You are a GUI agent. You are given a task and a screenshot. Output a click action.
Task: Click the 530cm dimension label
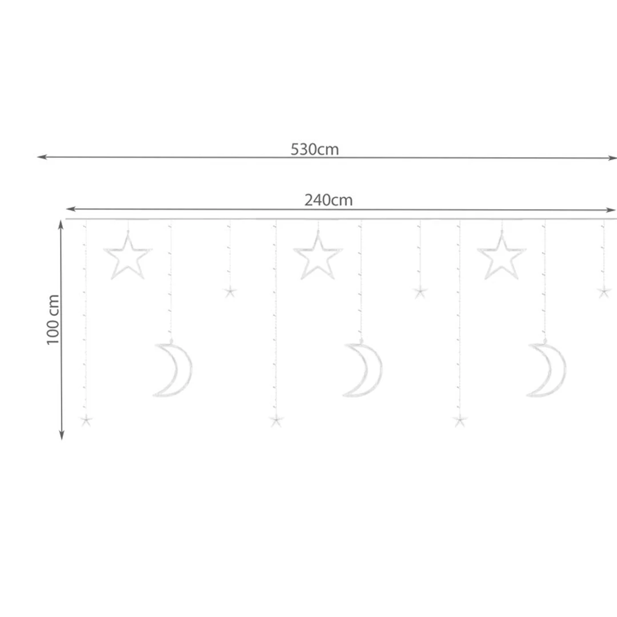[314, 150]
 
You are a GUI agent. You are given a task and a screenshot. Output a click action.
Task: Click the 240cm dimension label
[328, 201]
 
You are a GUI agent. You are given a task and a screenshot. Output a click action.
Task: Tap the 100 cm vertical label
[53, 319]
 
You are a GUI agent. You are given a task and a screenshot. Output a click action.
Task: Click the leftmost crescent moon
[182, 370]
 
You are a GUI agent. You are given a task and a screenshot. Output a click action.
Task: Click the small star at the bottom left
[86, 420]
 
